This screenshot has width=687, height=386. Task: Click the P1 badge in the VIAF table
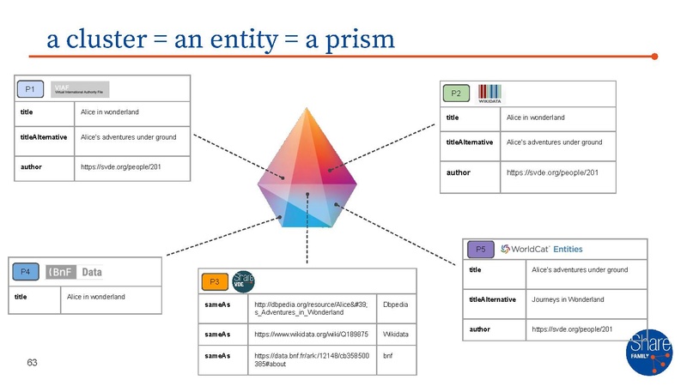[x=29, y=89]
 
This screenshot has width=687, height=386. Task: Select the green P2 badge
[x=456, y=93]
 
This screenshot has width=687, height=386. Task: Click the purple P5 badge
[x=480, y=250]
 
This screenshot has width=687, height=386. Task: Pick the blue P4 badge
[x=26, y=272]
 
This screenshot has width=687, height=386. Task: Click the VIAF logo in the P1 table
[x=80, y=89]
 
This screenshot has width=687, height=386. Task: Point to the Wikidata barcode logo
[x=489, y=93]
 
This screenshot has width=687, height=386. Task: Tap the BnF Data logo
[x=75, y=272]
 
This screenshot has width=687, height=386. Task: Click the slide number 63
[x=32, y=363]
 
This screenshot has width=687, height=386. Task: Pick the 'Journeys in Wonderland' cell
[x=568, y=299]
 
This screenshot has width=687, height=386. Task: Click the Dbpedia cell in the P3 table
[x=395, y=305]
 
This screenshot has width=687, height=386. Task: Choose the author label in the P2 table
[x=458, y=172]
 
